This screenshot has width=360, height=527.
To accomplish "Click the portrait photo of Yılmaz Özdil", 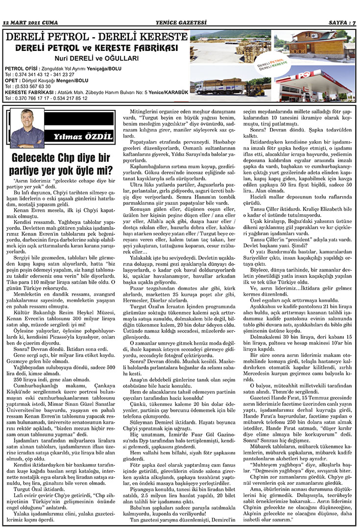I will click(x=27, y=128).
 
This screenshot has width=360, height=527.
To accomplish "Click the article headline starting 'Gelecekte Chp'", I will click(x=61, y=164).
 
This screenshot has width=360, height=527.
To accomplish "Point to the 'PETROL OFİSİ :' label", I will click(x=22, y=69).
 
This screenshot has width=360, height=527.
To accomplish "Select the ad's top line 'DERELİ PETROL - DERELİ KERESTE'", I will click(x=96, y=38).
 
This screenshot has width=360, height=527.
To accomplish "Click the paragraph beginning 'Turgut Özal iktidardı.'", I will click(x=37, y=379).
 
